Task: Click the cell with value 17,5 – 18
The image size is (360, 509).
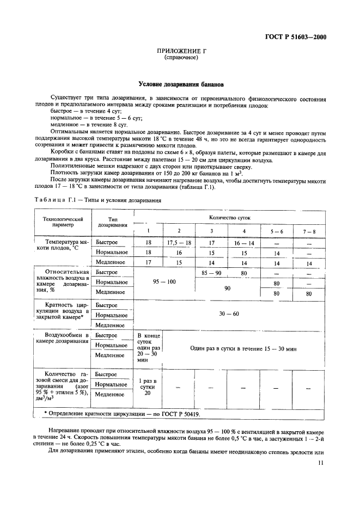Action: [x=179, y=242]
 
